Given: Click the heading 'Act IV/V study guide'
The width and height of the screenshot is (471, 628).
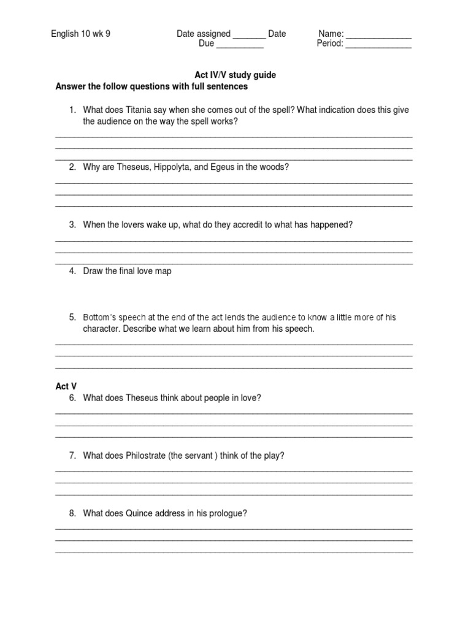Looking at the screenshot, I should click(x=235, y=75).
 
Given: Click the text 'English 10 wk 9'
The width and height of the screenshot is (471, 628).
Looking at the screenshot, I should click(x=80, y=34).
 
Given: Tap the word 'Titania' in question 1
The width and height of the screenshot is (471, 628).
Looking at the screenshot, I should click(x=139, y=110).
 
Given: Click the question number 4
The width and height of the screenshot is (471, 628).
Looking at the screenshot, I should click(x=72, y=271).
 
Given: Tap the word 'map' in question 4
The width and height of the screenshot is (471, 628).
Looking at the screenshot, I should click(x=163, y=271).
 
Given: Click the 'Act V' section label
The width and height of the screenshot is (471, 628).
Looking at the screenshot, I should click(x=66, y=386).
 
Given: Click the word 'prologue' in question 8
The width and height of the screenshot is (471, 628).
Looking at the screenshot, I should click(x=229, y=513).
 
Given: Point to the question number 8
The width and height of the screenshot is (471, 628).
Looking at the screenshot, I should click(x=72, y=513).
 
